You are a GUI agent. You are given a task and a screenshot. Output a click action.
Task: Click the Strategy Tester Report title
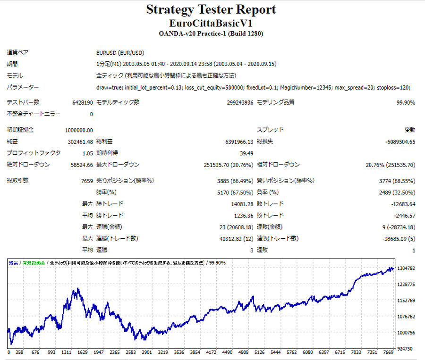tap(211, 10)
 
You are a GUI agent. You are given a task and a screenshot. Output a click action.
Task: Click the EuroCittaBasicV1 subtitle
tap(211, 23)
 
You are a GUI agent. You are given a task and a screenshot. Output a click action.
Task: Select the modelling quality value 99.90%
tap(406, 102)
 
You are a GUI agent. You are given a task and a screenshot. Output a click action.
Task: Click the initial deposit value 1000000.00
tap(79, 130)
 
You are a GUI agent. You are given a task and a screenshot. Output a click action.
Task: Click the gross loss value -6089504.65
tap(399, 141)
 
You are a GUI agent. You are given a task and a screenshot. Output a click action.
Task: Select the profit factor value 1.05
tap(87, 153)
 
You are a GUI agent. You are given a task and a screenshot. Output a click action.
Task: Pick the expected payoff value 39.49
tap(246, 153)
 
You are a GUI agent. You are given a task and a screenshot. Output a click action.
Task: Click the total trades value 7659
tap(87, 180)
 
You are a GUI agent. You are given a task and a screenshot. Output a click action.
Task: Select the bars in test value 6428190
tap(82, 102)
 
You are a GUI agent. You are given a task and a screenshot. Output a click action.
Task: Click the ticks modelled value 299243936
tap(240, 102)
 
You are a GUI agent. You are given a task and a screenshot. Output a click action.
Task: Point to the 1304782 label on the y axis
tap(407, 268)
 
